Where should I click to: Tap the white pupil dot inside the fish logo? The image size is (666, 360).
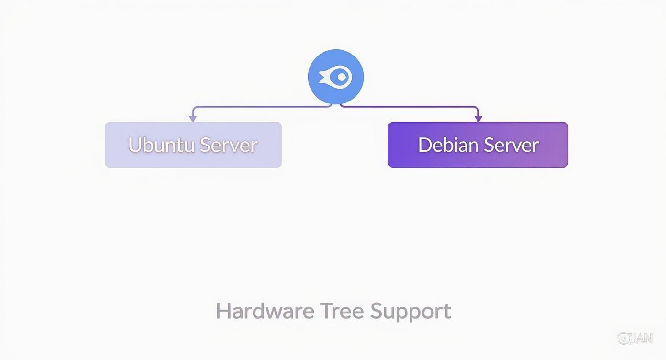pos(341,77)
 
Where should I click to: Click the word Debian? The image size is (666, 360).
pos(447,145)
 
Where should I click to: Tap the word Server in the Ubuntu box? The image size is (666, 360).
pos(229,145)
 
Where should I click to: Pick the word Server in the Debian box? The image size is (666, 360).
pos(511,145)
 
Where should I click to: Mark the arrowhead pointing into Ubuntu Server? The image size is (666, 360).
pos(193,118)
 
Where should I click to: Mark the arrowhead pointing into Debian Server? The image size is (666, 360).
pos(478,118)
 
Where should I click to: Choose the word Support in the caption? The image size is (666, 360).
pos(411,312)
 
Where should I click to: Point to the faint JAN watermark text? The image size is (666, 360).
pos(641,338)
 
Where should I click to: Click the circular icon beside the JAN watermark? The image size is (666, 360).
pos(623,338)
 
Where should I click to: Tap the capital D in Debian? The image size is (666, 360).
pos(424,145)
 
